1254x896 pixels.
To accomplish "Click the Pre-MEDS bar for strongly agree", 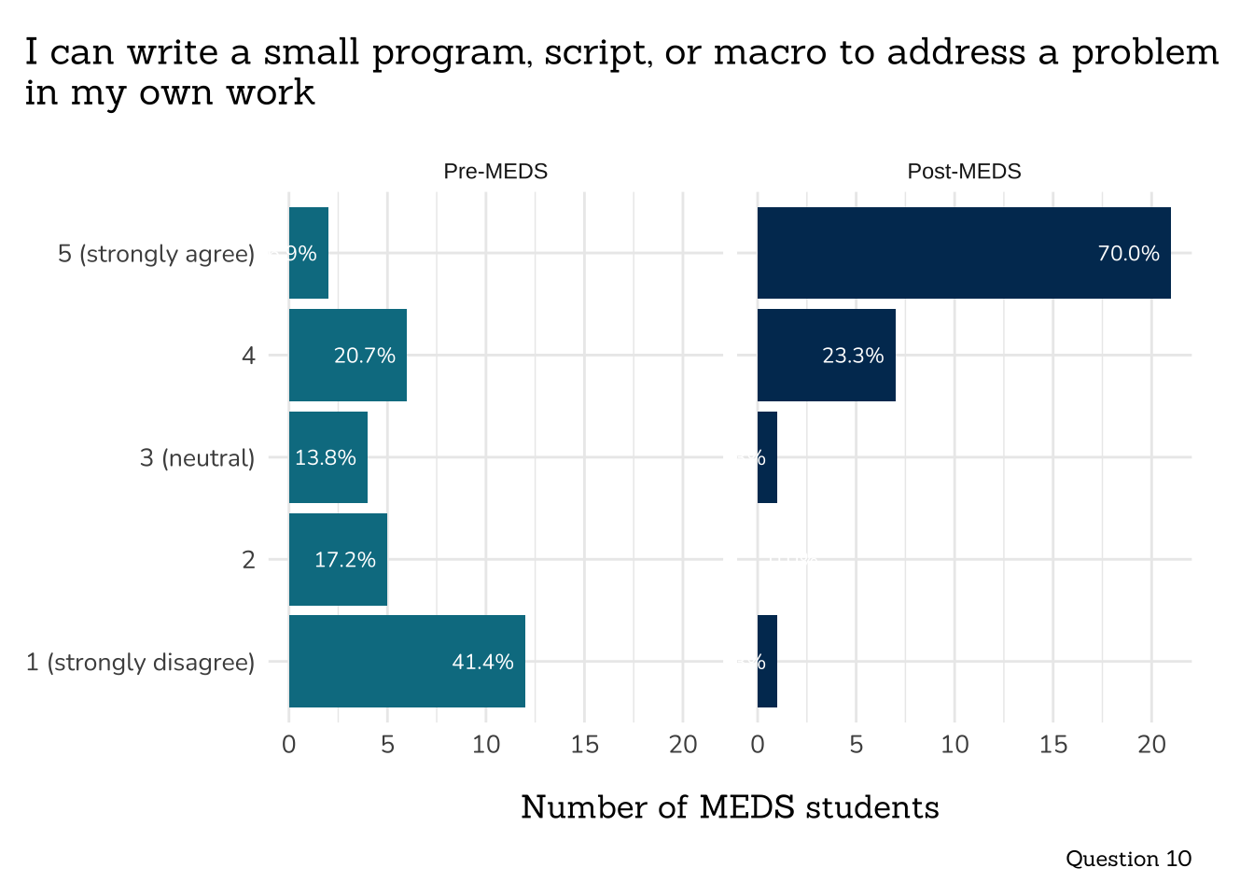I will coord(309,253).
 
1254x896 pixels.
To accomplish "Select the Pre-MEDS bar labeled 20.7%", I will coord(347,355).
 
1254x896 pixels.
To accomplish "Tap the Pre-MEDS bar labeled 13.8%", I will coord(327,457).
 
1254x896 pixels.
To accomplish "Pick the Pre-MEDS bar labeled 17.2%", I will coord(338,559).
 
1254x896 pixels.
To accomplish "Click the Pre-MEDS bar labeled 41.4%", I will coord(407,661).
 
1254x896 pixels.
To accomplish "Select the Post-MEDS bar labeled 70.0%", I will coord(963,253).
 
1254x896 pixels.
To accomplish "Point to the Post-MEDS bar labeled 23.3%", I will coord(826,355).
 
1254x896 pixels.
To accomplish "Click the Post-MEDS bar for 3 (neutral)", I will coord(767,457).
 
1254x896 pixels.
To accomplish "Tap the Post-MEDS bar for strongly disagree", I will coord(767,661).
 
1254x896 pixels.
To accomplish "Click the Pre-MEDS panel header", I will coord(495,172).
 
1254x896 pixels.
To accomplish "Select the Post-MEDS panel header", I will coord(964,172).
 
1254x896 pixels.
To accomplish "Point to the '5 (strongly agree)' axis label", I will coord(156,254).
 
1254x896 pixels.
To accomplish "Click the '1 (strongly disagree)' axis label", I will coord(140,663).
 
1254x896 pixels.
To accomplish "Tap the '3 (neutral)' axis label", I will coord(197,458).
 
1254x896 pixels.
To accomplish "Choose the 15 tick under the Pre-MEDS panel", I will coord(584,745).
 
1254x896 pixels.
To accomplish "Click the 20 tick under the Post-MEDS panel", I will coord(1151,745).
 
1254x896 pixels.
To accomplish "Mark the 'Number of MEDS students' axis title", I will coord(730,807).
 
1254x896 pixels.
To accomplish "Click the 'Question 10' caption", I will coord(1128,859).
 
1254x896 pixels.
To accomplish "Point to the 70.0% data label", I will coord(1128,254).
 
